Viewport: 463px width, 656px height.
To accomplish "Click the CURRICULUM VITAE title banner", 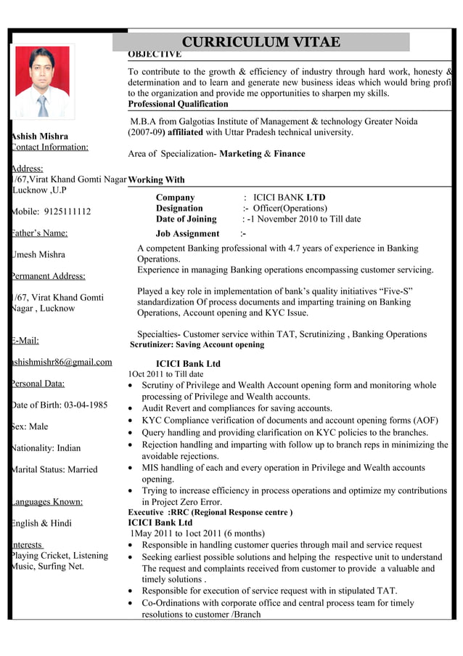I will pos(261,41).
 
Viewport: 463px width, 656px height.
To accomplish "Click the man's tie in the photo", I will pos(44,105).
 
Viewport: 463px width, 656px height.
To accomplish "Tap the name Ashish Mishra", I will pos(40,136).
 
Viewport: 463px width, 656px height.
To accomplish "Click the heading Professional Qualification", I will pos(178,104).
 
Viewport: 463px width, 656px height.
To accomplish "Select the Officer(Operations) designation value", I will pos(290,208).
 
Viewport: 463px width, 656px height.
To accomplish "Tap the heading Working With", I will pos(156,179).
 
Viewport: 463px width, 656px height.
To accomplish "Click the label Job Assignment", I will pos(187,233).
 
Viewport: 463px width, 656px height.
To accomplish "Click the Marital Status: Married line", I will pos(54,469).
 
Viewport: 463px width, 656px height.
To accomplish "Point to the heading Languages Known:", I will pos(46,501).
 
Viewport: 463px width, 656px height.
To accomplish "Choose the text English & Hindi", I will pos(41,523).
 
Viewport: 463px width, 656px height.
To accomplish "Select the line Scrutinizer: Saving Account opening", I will pos(197,344).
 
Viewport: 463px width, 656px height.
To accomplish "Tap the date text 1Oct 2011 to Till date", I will pos(165,374).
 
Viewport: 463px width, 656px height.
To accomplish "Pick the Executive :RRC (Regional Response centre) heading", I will pos(210,512).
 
